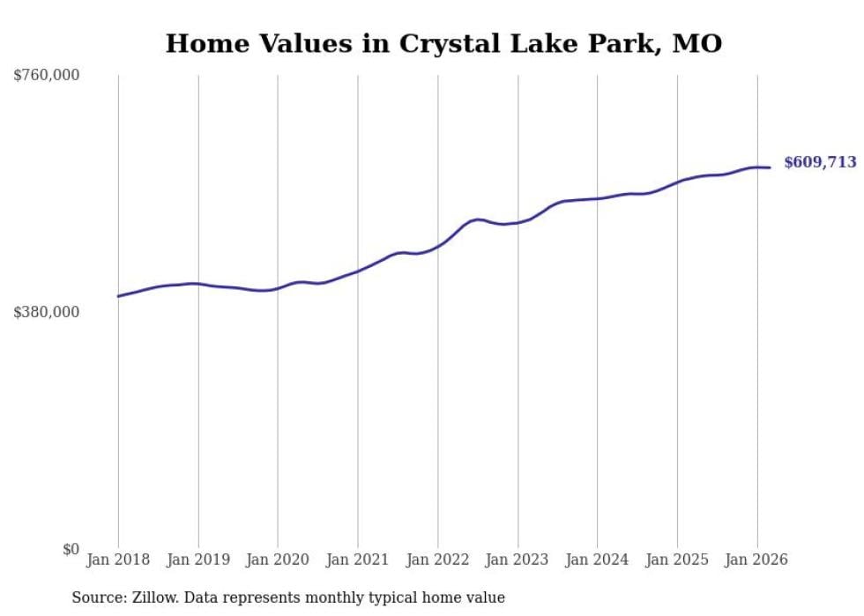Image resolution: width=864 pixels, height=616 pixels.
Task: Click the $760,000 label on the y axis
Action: coord(47,76)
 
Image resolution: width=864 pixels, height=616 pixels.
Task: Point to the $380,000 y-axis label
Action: coord(47,312)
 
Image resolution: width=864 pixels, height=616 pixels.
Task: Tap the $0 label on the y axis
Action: coord(71,549)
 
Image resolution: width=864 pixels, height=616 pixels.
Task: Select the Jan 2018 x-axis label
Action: coord(118,560)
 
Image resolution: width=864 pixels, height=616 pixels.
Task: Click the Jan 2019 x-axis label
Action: coord(198,560)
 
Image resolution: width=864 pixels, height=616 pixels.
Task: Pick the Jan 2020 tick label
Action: coord(278,560)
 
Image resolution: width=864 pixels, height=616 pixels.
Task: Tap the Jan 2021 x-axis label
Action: coord(358,560)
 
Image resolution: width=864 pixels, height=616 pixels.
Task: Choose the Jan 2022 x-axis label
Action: coord(437,560)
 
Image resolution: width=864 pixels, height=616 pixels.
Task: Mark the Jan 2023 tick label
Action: coord(518,560)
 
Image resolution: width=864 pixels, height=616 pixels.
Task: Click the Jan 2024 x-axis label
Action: coord(597,560)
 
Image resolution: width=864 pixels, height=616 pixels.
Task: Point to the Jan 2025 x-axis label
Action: coord(677,560)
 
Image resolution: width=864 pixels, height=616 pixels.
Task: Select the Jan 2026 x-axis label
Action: coord(756,560)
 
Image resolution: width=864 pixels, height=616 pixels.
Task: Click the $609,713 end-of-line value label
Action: coord(820,162)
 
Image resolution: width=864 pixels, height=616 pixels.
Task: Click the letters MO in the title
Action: coord(697,44)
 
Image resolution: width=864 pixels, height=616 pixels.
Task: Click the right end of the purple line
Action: coord(770,167)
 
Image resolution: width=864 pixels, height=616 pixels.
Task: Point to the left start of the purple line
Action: coord(118,296)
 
